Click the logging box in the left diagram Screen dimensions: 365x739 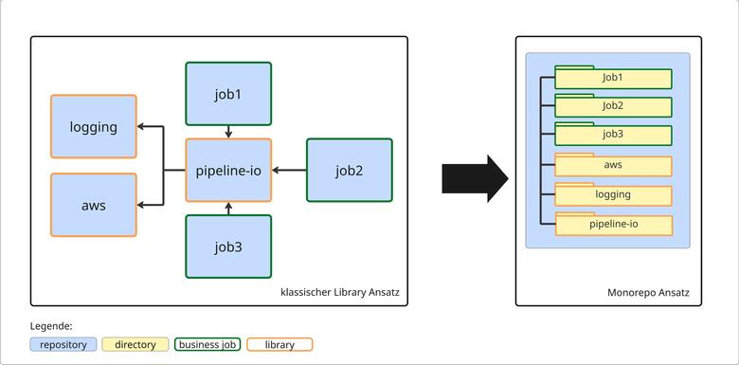(x=93, y=126)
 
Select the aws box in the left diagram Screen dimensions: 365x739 (x=93, y=205)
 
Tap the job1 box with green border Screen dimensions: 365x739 (x=228, y=94)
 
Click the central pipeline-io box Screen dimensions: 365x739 (x=228, y=171)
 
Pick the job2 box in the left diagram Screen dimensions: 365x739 (x=349, y=171)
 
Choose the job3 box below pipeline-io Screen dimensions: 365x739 (x=228, y=246)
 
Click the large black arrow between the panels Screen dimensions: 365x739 (x=475, y=177)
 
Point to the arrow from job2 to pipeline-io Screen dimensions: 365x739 (x=289, y=171)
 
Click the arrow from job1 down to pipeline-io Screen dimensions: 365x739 (x=228, y=132)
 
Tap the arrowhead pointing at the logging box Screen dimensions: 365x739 (x=142, y=126)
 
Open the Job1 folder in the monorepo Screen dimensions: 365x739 (x=613, y=78)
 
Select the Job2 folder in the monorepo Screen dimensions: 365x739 (x=613, y=106)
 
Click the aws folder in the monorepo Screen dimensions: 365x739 (x=613, y=166)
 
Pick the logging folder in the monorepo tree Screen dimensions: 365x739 (x=613, y=195)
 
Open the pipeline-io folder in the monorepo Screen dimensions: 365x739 (x=613, y=225)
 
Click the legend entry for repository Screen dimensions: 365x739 (x=63, y=344)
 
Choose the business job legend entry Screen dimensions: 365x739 (x=207, y=344)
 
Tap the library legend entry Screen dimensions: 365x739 (x=279, y=344)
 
